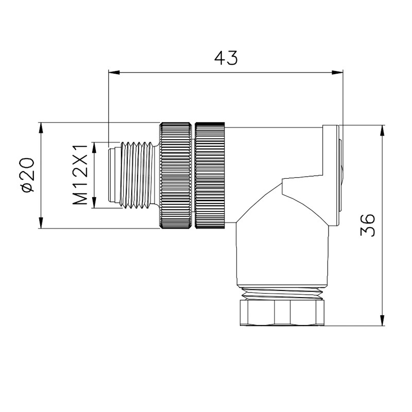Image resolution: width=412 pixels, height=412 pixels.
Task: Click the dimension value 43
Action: coord(226,58)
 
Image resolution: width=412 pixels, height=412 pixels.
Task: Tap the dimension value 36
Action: coord(368,225)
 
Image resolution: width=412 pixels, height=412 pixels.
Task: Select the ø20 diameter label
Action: coord(28,175)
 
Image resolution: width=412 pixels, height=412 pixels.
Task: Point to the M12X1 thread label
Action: coord(80,175)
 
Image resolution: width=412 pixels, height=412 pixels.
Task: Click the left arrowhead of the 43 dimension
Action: coord(114,73)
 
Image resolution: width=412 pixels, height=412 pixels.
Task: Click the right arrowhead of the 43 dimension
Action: coord(338,73)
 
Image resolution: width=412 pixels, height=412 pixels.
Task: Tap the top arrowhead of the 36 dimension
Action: coord(383,131)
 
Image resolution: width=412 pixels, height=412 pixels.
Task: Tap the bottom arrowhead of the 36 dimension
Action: coord(383,320)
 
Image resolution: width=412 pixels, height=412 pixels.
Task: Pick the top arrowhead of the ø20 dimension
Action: coord(41,128)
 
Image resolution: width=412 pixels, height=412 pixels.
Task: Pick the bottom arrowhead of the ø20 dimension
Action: coord(41,222)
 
